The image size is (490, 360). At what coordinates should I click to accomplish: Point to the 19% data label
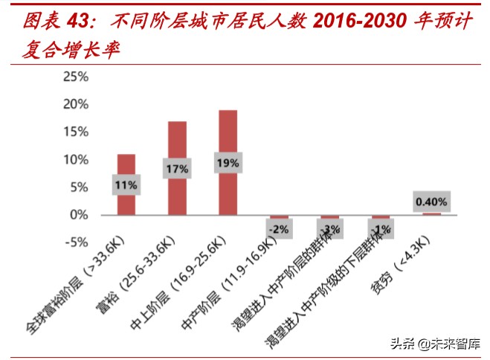coord(228,162)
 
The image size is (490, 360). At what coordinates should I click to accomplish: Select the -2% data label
coord(278,229)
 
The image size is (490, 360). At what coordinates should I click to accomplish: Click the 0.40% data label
coord(431,202)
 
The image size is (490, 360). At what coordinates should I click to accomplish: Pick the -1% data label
coord(380,229)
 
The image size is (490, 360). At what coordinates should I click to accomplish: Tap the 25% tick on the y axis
coord(75,77)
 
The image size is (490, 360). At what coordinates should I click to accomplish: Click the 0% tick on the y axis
coord(79,215)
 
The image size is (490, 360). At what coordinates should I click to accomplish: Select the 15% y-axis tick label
coord(75,132)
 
